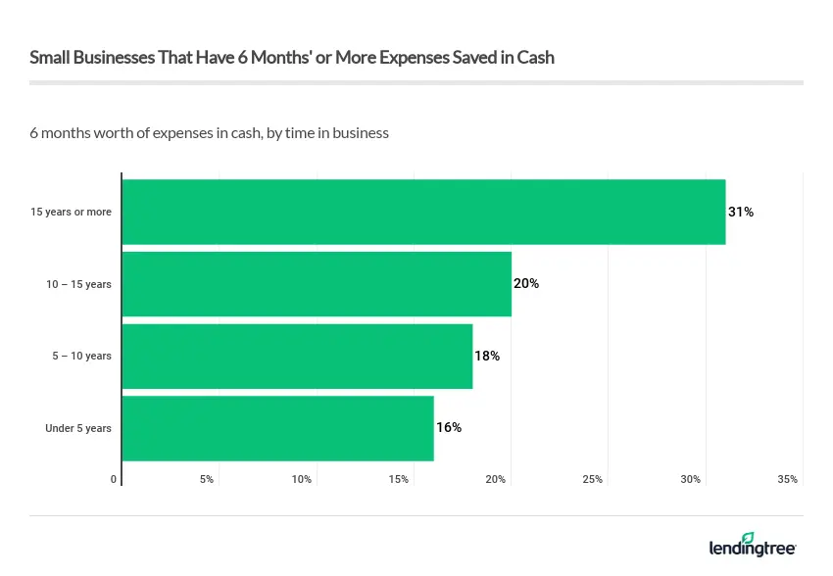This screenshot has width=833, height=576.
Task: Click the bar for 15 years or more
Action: click(x=423, y=212)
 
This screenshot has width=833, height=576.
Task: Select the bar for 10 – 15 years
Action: click(x=317, y=284)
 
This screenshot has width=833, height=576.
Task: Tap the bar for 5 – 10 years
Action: click(x=297, y=356)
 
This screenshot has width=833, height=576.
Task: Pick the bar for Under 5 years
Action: click(x=277, y=428)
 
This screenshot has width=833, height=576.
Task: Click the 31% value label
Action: click(x=741, y=212)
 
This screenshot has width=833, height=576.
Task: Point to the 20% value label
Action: click(x=526, y=284)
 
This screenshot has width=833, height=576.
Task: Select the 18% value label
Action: click(x=487, y=356)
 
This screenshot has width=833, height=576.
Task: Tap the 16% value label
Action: click(x=448, y=428)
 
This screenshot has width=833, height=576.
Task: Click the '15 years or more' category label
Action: click(x=71, y=213)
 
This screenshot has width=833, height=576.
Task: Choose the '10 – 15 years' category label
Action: click(x=78, y=284)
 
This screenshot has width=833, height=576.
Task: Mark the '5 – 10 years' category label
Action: click(x=82, y=357)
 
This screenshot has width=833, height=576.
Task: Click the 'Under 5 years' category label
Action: click(x=78, y=428)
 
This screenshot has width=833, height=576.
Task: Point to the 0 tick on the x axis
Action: click(x=114, y=479)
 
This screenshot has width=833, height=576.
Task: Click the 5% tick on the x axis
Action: click(x=207, y=479)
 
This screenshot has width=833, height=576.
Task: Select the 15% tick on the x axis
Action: click(x=398, y=479)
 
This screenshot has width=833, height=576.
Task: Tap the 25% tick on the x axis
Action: click(x=593, y=479)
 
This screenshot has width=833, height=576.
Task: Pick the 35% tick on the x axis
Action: click(x=787, y=479)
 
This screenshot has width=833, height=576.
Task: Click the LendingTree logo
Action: click(x=753, y=545)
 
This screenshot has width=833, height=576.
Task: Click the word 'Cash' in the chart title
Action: click(x=536, y=57)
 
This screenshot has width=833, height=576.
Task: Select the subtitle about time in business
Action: click(x=209, y=132)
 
